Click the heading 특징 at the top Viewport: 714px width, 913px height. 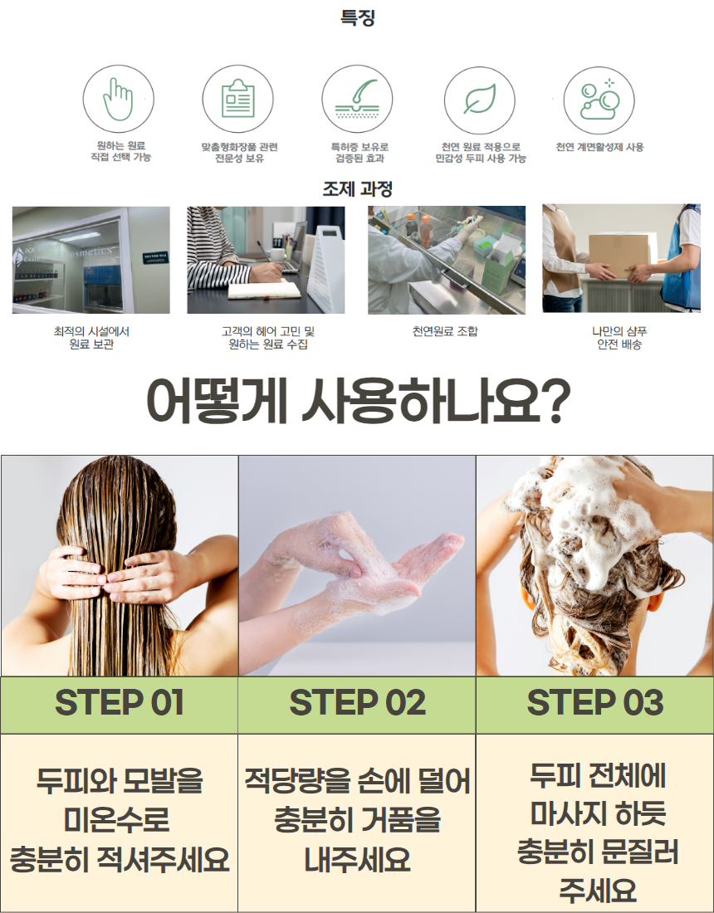[x=357, y=17]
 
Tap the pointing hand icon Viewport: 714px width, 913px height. [x=120, y=100]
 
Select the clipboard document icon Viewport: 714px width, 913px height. [x=238, y=100]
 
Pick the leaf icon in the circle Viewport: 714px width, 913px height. [x=479, y=100]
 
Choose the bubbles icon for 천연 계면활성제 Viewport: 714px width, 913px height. [x=599, y=100]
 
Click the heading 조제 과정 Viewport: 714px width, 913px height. [x=357, y=189]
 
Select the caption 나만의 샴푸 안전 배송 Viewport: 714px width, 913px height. [x=619, y=338]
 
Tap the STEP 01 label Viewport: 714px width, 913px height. [x=119, y=704]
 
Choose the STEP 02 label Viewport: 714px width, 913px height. [x=357, y=704]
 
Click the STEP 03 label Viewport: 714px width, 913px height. [x=594, y=704]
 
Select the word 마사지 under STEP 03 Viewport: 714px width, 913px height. [x=558, y=813]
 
